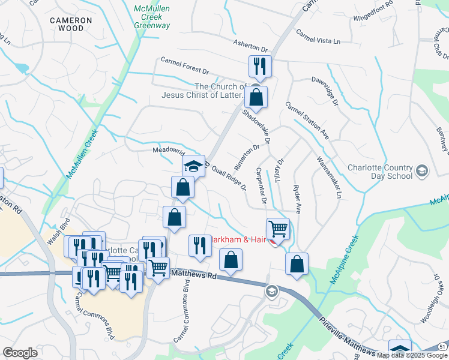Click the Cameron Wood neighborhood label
[x=71, y=24]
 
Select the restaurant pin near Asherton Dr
[x=260, y=66]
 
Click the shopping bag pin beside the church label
[x=256, y=97]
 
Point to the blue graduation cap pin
[x=194, y=166]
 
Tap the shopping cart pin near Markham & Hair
[x=277, y=229]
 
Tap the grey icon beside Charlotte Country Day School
[x=422, y=172]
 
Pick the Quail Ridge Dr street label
[x=229, y=178]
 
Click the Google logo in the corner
[x=20, y=353]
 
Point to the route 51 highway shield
[x=443, y=347]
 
